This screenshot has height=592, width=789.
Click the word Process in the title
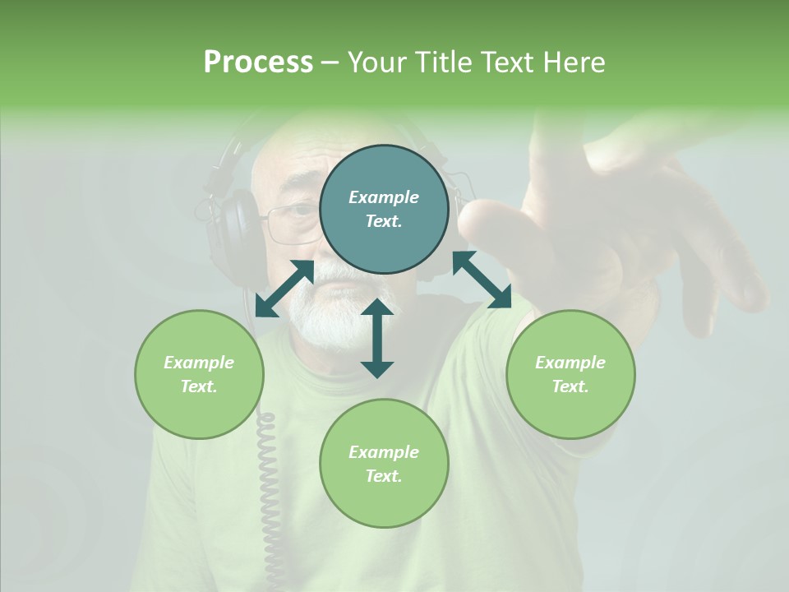click(x=258, y=62)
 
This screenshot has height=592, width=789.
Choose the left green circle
click(x=199, y=411)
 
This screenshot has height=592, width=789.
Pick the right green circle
click(x=570, y=411)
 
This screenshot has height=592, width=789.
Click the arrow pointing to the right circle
click(x=482, y=280)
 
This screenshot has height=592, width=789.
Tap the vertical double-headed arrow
click(x=377, y=338)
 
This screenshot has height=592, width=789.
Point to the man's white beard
click(x=325, y=317)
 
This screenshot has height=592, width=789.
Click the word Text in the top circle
click(x=383, y=221)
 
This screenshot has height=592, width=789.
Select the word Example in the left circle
click(x=199, y=363)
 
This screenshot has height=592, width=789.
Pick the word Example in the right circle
click(x=570, y=363)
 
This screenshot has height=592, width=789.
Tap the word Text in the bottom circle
click(x=383, y=476)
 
